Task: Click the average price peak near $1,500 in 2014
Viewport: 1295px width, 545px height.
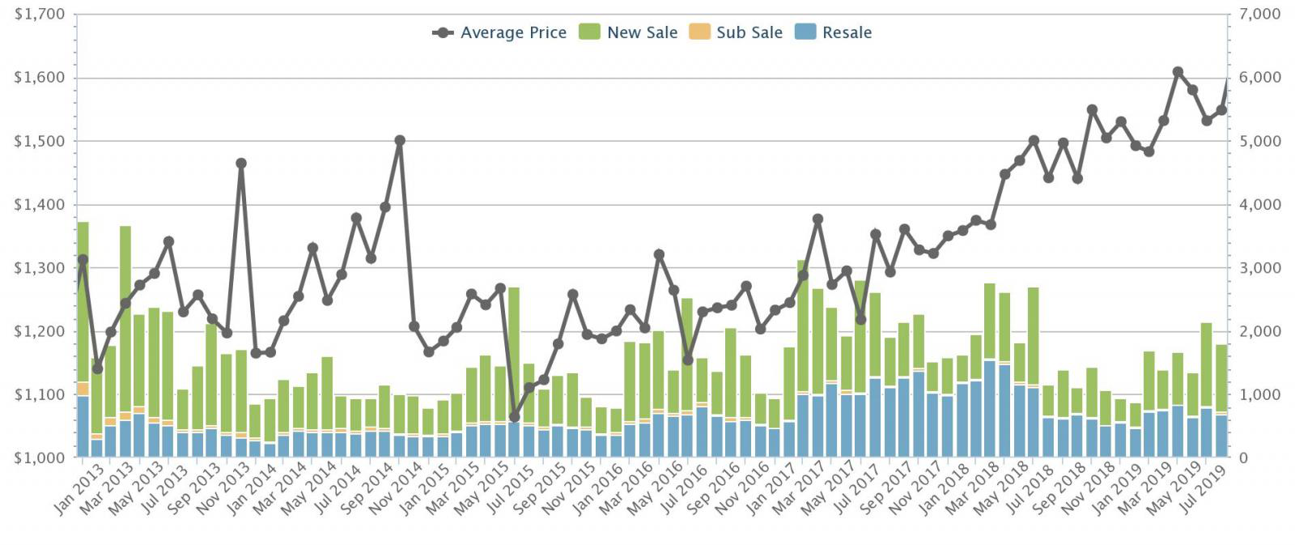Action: pos(399,140)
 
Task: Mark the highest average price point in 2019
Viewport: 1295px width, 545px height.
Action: pos(1178,72)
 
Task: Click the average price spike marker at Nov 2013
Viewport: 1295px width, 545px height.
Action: pos(241,164)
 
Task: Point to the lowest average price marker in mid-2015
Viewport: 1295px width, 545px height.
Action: pos(514,416)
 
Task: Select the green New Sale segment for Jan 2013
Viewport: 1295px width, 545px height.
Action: pos(83,300)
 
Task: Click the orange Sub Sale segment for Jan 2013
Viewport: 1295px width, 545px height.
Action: pos(83,389)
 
